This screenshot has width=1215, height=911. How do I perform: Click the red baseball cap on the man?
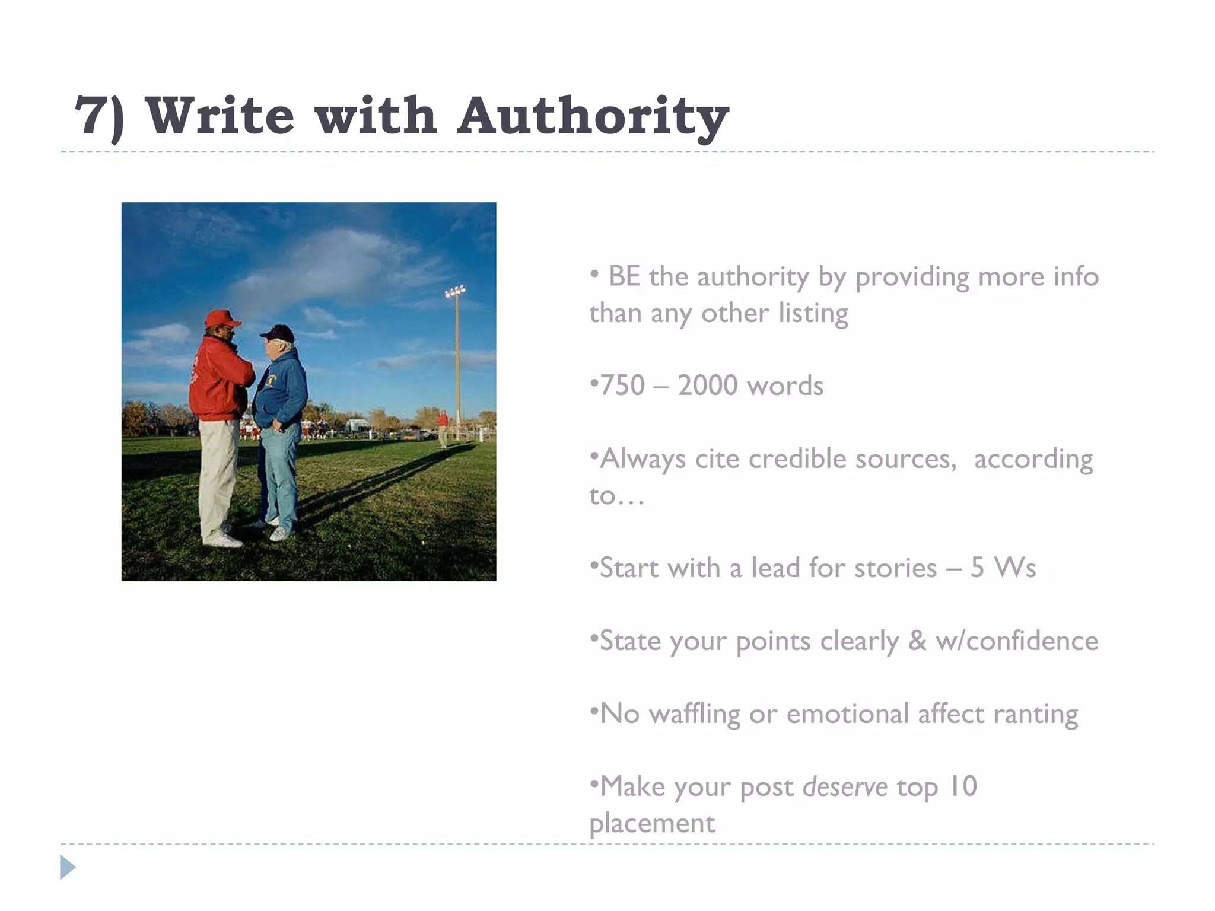tap(222, 318)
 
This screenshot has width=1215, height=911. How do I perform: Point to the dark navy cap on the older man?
tap(278, 333)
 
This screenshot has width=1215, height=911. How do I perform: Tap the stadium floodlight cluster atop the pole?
tap(456, 291)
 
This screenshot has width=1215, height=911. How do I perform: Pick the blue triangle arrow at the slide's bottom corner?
tap(68, 867)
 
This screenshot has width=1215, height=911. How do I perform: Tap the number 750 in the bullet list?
tap(623, 386)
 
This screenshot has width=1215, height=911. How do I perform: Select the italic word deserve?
tap(845, 787)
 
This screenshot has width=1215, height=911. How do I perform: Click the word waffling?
tap(694, 713)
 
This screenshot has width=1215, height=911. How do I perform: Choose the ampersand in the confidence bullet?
tap(917, 641)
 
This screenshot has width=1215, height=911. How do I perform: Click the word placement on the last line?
tap(653, 823)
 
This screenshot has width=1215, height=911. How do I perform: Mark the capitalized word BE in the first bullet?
tap(624, 276)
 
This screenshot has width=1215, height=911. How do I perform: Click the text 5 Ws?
tap(1003, 568)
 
